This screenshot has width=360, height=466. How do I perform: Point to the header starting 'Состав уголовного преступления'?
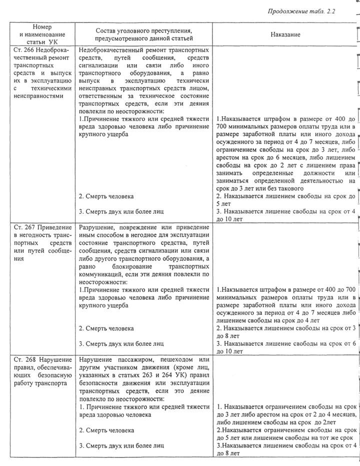pos(144,34)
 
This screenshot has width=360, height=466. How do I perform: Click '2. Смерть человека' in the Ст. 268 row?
pos(106,430)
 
